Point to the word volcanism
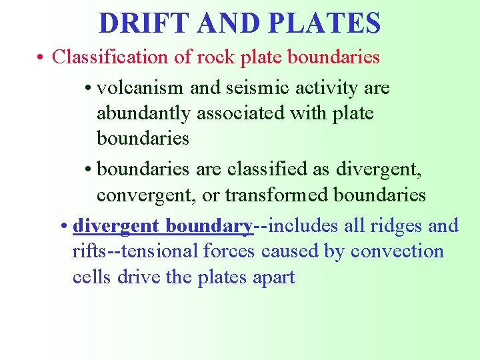[141, 87]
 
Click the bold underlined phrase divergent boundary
[163, 226]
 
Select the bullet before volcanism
[89, 88]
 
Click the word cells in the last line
[92, 277]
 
